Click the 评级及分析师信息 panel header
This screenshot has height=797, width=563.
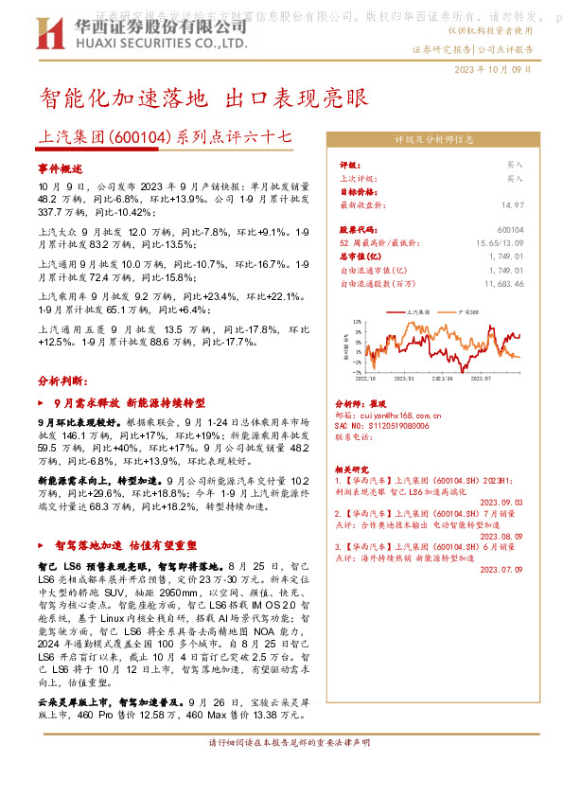434,139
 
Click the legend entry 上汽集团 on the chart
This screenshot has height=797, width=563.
418,310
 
